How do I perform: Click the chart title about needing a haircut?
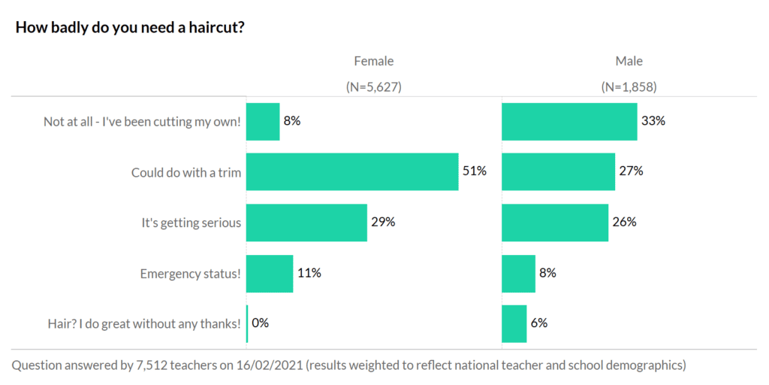[x=130, y=28]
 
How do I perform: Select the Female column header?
[x=373, y=62]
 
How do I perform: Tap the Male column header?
[x=629, y=62]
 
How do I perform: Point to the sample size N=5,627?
[x=373, y=86]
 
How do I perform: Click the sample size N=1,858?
[x=629, y=86]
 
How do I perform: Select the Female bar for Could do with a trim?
[x=352, y=171]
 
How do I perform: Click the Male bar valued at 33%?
[x=569, y=121]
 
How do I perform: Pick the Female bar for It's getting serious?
[x=306, y=223]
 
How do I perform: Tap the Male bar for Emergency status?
[x=518, y=273]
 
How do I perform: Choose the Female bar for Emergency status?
[x=270, y=273]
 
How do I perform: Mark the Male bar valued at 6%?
[x=514, y=323]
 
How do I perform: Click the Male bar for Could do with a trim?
[x=558, y=171]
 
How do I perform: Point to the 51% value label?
[x=474, y=171]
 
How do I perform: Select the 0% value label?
[x=260, y=323]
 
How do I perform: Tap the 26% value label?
[x=624, y=223]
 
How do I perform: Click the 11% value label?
[x=309, y=273]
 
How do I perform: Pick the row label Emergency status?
[x=191, y=274]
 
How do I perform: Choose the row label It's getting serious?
[x=191, y=223]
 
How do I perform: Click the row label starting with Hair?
[x=144, y=324]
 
